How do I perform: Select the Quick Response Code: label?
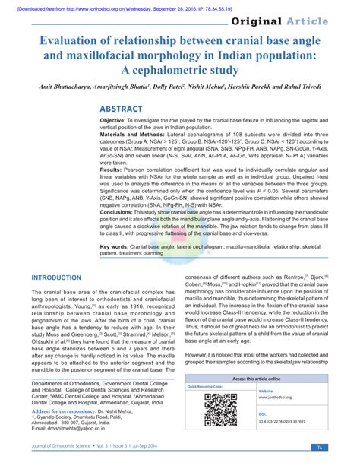[x=208, y=386]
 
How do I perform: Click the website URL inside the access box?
[x=276, y=397]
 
